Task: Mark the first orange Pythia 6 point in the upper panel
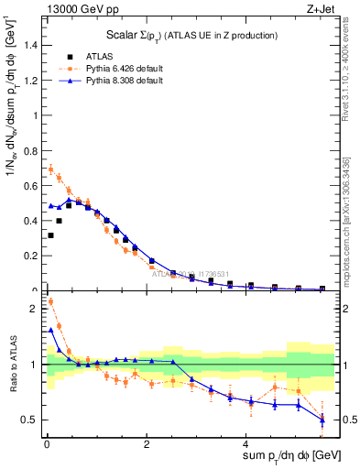tap(50, 169)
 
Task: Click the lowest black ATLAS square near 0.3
tap(50, 235)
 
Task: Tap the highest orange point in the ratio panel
tap(50, 301)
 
